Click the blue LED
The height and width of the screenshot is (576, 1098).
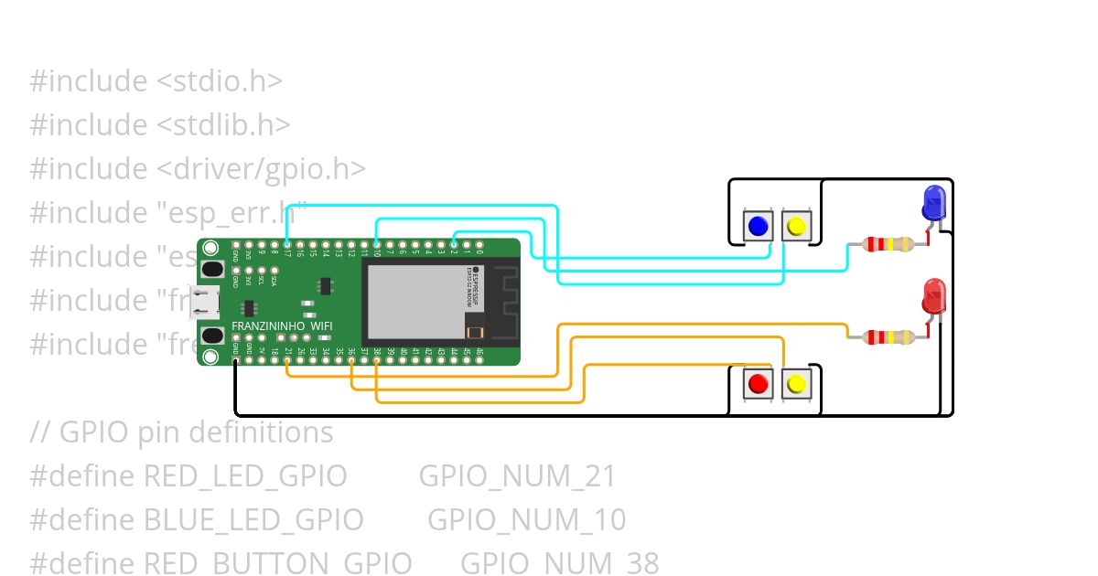(933, 201)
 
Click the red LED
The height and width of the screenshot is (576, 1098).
(933, 297)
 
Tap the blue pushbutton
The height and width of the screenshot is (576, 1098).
(758, 226)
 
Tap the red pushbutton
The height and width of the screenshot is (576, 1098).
(758, 384)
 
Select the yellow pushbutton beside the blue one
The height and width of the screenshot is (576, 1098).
(796, 226)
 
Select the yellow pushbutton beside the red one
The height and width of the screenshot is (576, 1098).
(796, 384)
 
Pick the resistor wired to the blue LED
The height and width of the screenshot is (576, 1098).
(888, 244)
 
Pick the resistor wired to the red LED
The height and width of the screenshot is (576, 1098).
(888, 337)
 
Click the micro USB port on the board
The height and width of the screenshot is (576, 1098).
(203, 302)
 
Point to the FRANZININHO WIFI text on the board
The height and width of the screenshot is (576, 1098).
(282, 326)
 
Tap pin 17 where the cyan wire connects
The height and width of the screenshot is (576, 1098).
(287, 245)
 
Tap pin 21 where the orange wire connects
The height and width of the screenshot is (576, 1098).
(287, 360)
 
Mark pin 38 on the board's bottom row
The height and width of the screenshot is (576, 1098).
(377, 360)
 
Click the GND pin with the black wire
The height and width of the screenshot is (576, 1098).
(236, 360)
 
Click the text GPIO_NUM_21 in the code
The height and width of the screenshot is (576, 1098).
(517, 476)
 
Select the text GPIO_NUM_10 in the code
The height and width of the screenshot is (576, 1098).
(526, 520)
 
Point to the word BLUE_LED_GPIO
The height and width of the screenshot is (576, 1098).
(254, 520)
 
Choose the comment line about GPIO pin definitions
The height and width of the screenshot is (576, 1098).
(181, 432)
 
